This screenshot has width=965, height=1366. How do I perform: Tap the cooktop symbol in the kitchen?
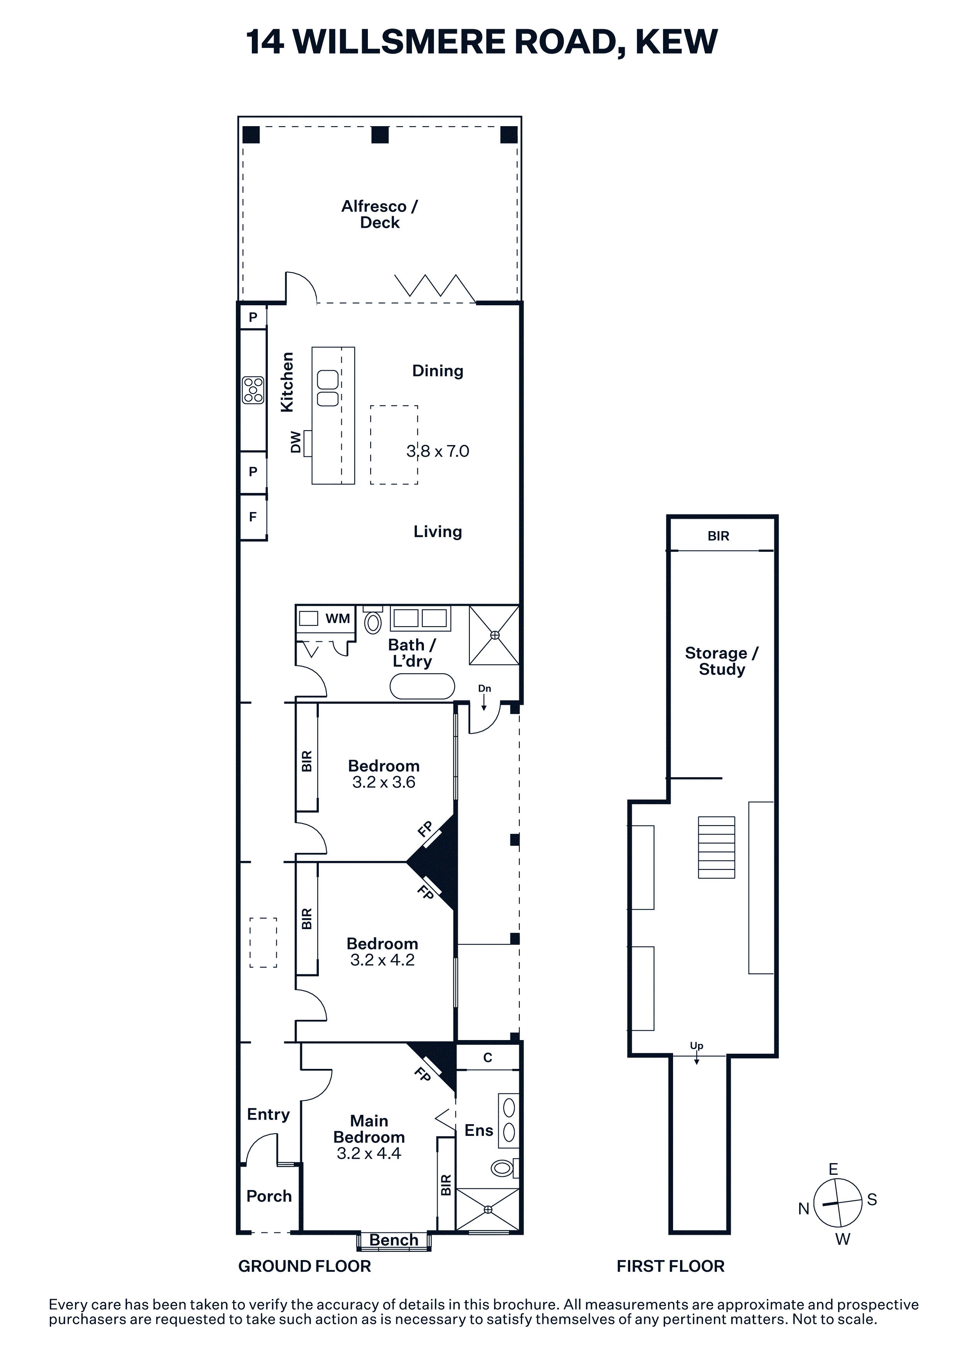click(x=253, y=390)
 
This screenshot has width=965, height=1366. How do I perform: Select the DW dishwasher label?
click(x=295, y=442)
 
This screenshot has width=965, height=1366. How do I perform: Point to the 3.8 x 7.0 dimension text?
click(x=438, y=451)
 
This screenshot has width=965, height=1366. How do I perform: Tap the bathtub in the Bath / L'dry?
click(x=422, y=686)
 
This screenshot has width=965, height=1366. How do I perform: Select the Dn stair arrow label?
click(x=485, y=688)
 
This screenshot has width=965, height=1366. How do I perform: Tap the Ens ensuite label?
click(x=479, y=1130)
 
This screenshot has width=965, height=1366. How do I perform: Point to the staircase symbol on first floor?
click(x=717, y=847)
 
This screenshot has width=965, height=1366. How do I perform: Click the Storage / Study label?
click(x=722, y=661)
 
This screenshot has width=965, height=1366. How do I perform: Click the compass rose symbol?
click(x=837, y=1203)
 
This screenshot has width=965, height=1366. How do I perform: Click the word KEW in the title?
click(x=677, y=42)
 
